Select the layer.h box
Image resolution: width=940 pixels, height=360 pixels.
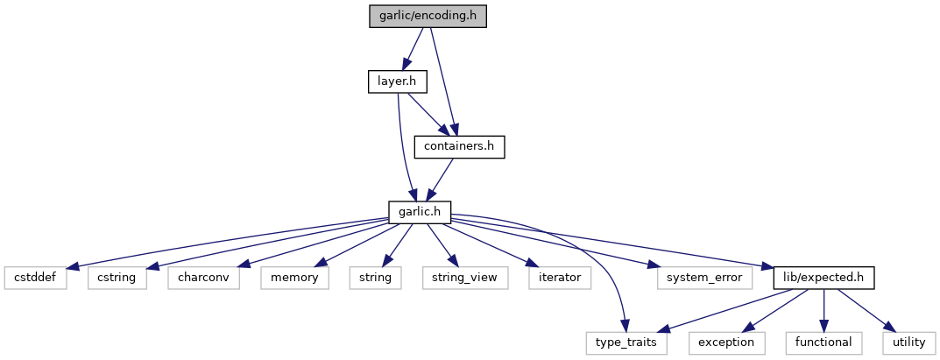tap(397, 81)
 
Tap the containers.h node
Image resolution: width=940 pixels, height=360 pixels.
tap(460, 147)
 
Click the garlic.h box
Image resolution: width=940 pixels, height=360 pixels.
tap(420, 212)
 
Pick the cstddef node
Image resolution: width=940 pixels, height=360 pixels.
tap(35, 278)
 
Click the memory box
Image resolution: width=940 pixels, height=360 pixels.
tap(294, 278)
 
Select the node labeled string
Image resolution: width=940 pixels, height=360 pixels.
tap(375, 278)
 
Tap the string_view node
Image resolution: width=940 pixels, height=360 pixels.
tap(459, 278)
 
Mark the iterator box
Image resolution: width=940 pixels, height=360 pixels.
tap(559, 278)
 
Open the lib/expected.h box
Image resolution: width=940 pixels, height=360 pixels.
tap(823, 278)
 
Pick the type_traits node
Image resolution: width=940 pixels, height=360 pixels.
tap(627, 342)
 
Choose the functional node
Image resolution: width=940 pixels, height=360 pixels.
tap(824, 342)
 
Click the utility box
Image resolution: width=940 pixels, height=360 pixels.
tap(908, 342)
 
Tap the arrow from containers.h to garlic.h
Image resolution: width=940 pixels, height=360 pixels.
tap(441, 180)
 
